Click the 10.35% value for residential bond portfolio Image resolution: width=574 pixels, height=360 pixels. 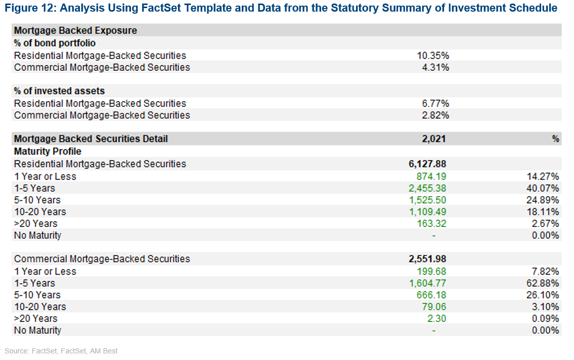(x=432, y=56)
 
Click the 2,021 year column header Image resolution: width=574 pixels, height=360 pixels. (x=434, y=139)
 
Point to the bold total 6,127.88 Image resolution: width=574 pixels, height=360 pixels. (x=427, y=164)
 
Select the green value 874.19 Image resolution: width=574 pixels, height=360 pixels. (x=431, y=176)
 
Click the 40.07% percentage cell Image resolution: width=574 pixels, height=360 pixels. (x=542, y=188)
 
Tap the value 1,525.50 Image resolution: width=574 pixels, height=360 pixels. (x=427, y=200)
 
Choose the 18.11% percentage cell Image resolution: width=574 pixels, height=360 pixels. (x=542, y=212)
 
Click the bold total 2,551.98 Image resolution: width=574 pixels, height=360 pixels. (x=427, y=259)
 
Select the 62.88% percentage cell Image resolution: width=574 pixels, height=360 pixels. (x=542, y=283)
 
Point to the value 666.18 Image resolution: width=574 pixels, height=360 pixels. (x=431, y=295)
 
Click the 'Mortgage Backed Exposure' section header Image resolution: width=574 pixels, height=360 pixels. (x=75, y=30)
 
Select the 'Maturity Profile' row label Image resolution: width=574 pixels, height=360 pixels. (x=48, y=151)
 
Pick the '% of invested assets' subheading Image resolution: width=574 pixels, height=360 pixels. (x=59, y=91)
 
